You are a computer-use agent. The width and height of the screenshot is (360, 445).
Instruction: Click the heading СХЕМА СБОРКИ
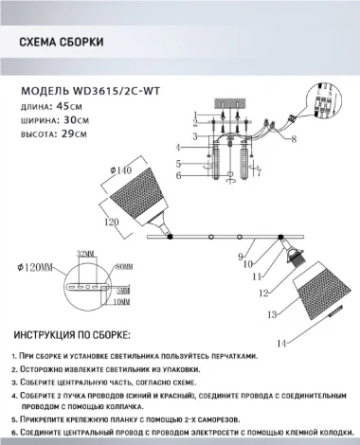click(x=62, y=43)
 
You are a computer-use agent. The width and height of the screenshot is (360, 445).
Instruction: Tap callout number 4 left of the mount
click(x=177, y=148)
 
